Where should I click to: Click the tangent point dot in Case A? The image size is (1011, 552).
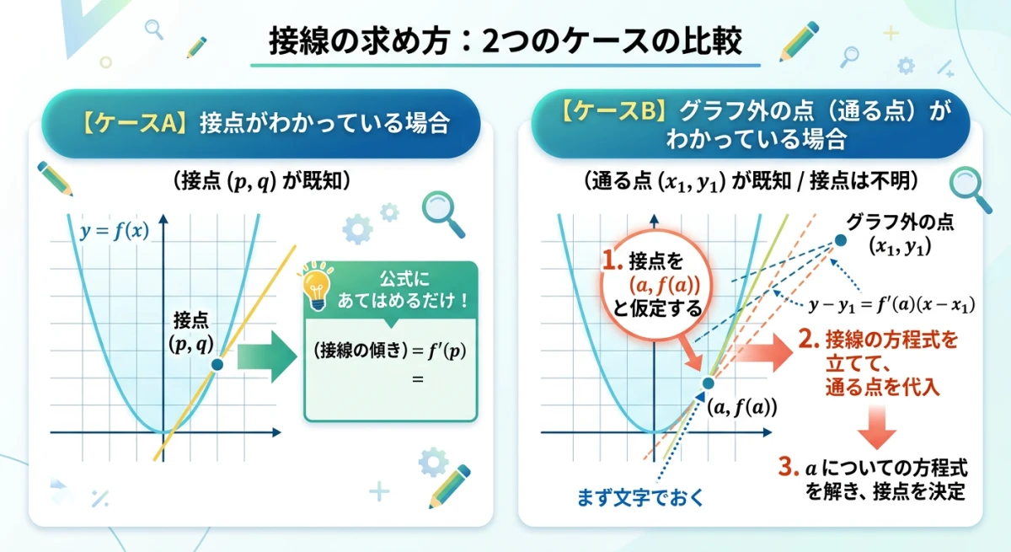[217, 364]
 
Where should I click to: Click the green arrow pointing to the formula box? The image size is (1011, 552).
[265, 356]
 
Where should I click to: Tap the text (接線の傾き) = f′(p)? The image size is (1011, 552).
[389, 351]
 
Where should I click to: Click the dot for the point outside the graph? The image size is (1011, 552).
[840, 241]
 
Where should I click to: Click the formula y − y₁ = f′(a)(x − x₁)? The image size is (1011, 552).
[891, 304]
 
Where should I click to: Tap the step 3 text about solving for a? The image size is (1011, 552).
[884, 479]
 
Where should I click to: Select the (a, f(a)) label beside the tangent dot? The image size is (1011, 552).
[741, 408]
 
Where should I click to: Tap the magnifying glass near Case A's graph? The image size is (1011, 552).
[442, 214]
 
